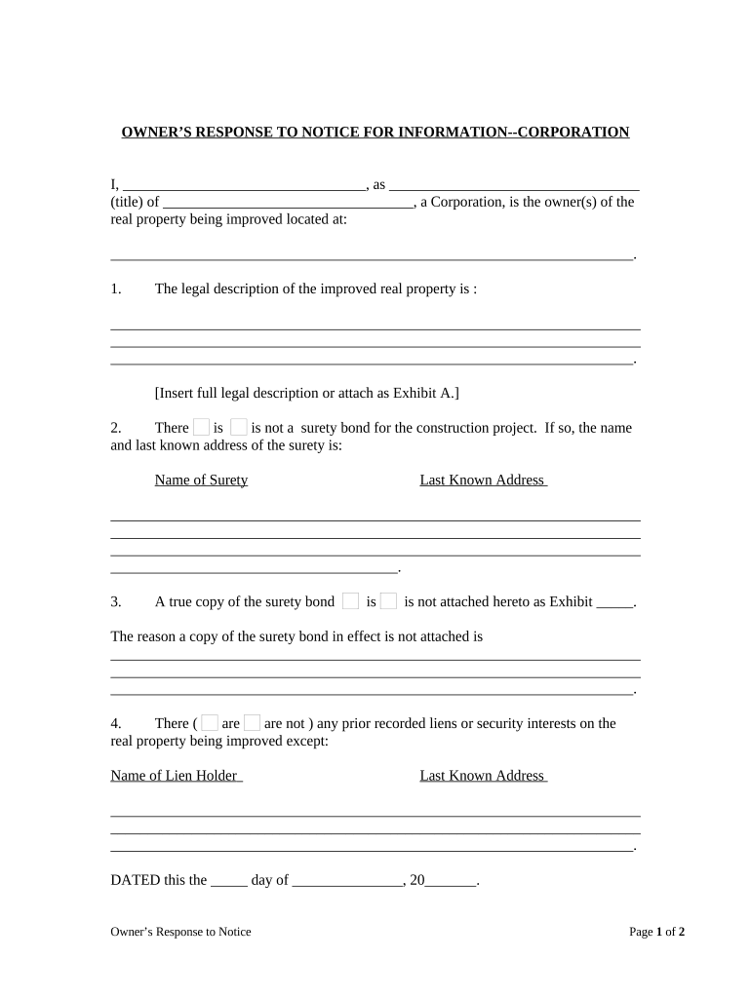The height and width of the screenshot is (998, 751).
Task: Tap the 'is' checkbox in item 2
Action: [201, 427]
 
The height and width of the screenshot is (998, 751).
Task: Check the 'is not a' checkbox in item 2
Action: [239, 427]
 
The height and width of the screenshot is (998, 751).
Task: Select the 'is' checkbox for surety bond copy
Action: [351, 601]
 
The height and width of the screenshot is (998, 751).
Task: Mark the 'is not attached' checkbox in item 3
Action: [388, 601]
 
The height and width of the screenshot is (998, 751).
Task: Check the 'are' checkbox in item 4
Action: [209, 723]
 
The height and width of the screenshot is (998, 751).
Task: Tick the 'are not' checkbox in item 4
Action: [252, 723]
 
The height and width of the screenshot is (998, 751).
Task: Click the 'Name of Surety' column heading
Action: [201, 480]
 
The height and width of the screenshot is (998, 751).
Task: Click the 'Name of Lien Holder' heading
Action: [176, 776]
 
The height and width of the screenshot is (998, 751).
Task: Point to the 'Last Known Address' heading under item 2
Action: [483, 480]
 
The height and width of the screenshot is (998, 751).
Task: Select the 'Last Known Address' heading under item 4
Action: [483, 776]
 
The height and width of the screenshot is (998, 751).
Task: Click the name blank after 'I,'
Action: [244, 184]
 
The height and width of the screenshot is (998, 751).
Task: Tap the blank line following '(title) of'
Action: [289, 202]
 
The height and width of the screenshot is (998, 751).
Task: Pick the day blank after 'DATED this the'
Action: [229, 880]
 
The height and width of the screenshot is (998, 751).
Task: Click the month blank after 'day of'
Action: [347, 880]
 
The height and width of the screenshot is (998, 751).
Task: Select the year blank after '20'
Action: [451, 880]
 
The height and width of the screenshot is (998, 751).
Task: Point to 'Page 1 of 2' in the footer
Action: [656, 932]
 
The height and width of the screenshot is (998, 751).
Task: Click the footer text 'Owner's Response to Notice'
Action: [180, 932]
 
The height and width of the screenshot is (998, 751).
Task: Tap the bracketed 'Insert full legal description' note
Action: [306, 393]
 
